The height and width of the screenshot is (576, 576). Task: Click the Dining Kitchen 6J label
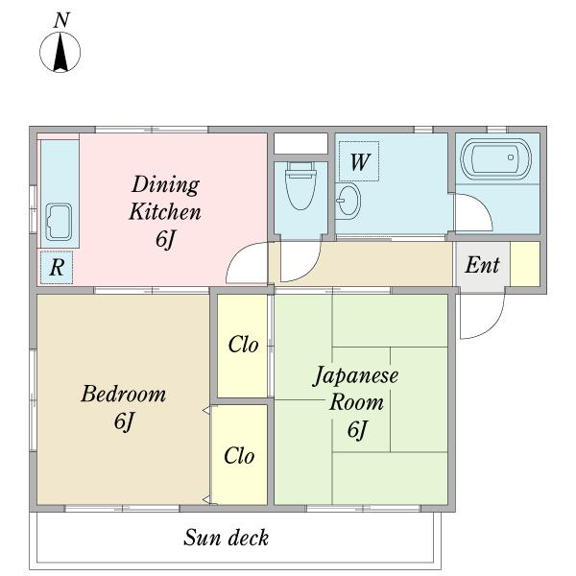coord(165,211)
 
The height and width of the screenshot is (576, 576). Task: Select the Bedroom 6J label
coord(123,407)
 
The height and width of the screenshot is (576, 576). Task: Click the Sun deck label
coord(226,538)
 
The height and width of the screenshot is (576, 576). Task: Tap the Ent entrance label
coord(481,265)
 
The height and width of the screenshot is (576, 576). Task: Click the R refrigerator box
coord(57,268)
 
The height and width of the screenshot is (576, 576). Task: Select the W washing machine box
coord(359,161)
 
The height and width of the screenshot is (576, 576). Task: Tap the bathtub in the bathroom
coord(496,158)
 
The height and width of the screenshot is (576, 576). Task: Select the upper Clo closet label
coord(243,345)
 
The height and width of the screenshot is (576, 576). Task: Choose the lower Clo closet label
coord(239,455)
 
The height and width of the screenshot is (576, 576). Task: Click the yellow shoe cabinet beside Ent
coord(524,264)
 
